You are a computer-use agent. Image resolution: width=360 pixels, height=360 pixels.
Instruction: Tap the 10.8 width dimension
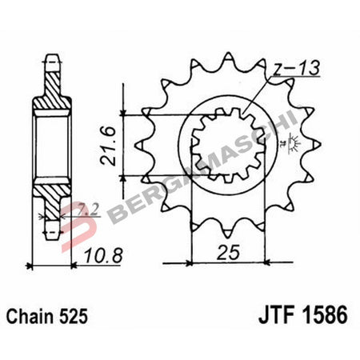[102, 258]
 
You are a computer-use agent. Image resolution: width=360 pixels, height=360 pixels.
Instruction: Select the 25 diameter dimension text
[226, 255]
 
